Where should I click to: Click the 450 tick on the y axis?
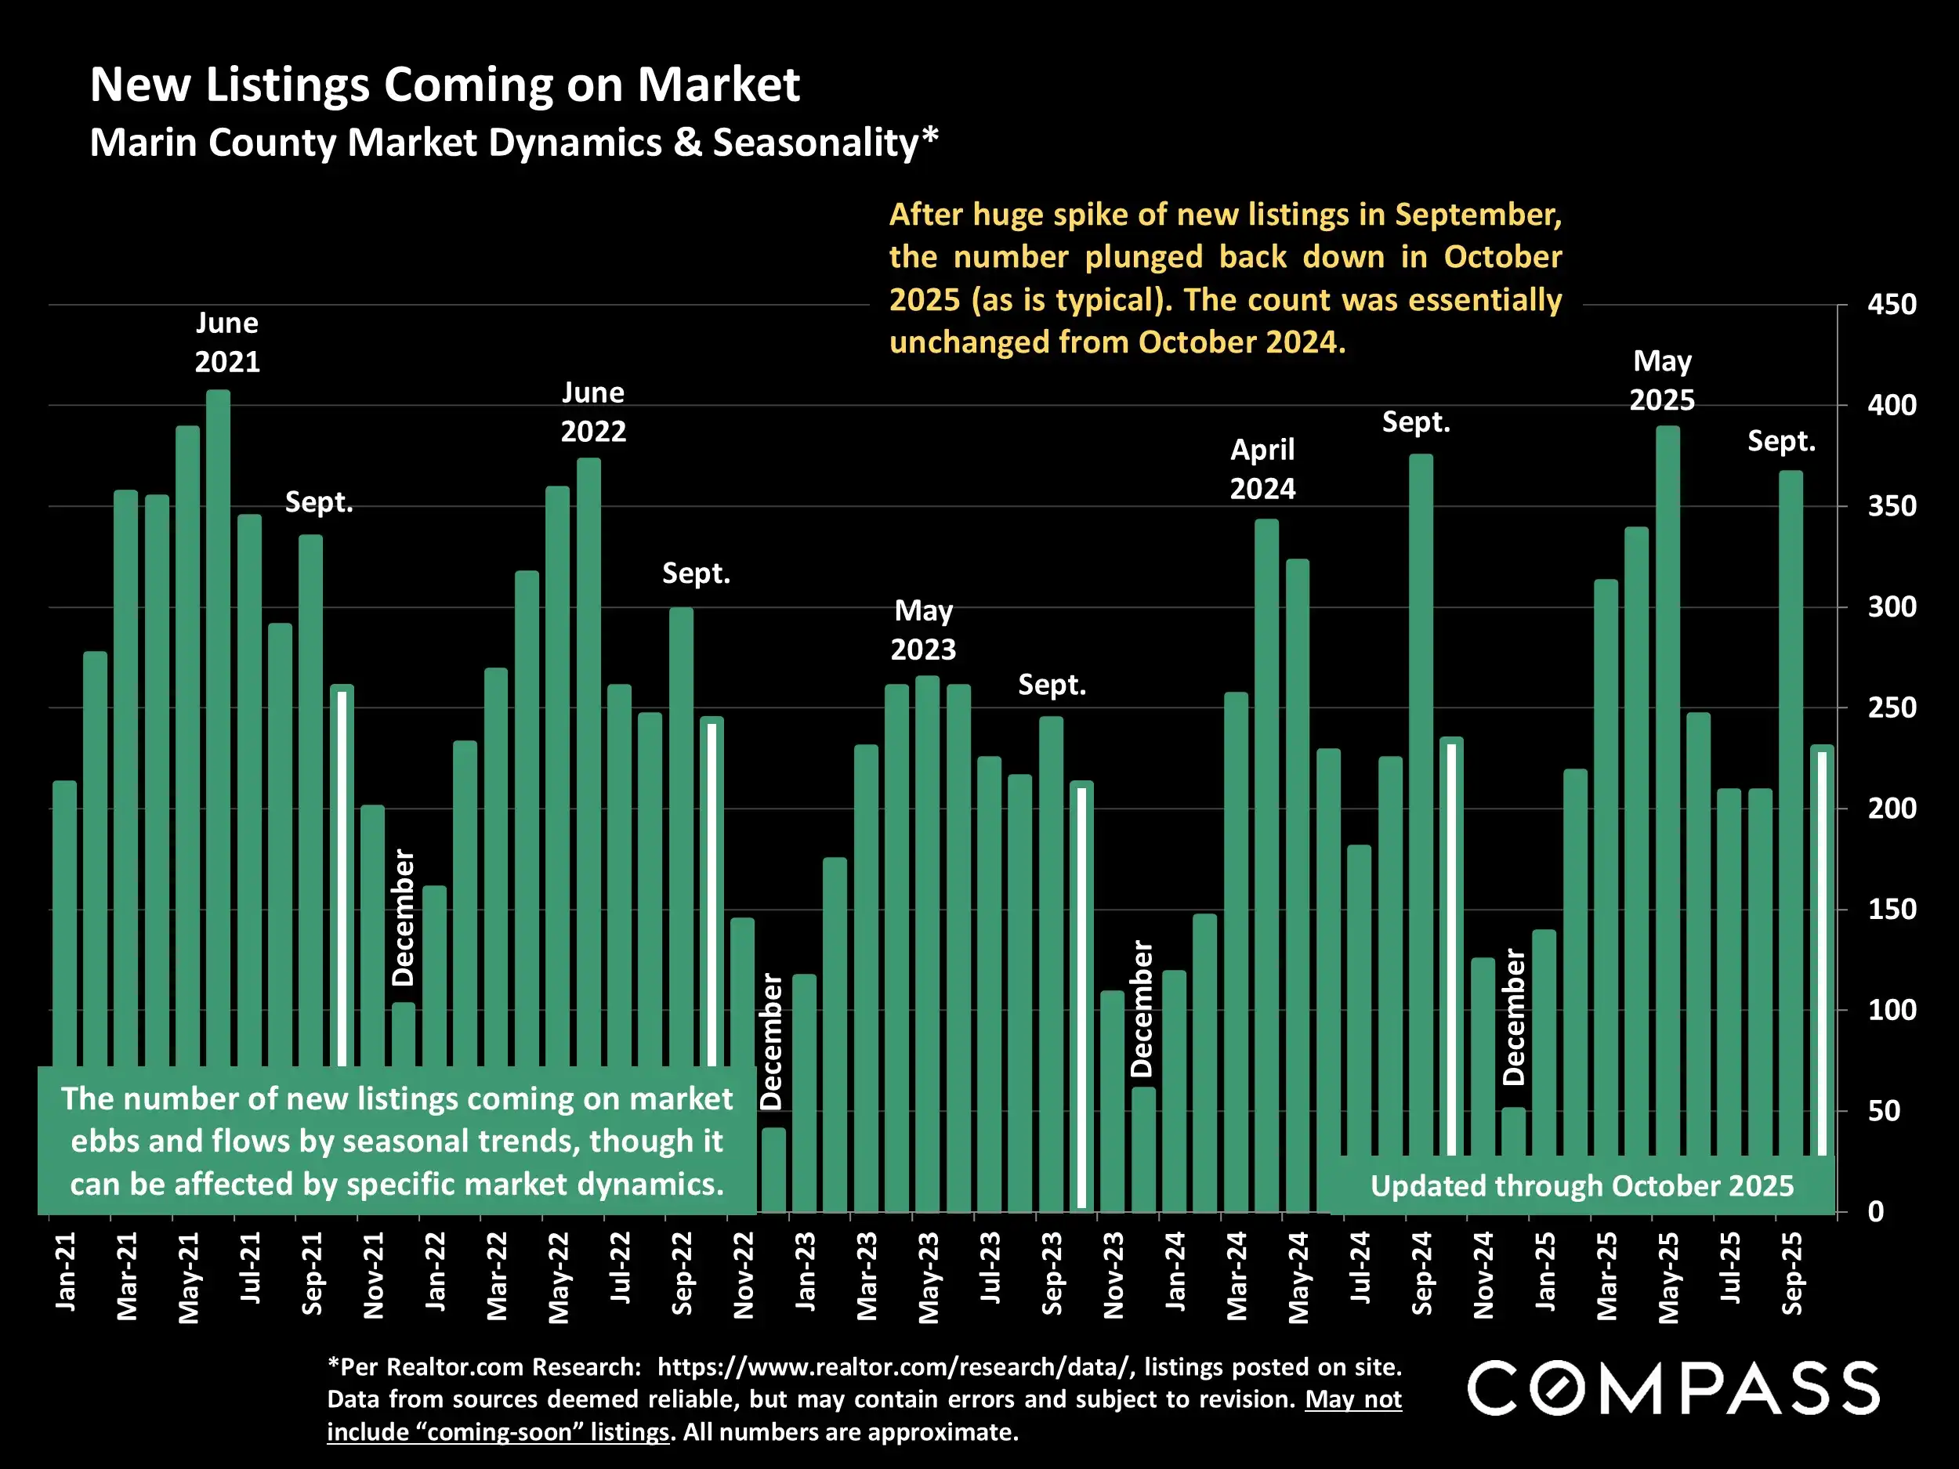(x=1891, y=305)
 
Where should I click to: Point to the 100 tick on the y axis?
(x=1891, y=1011)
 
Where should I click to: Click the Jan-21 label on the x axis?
(x=66, y=1272)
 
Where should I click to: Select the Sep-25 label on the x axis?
(x=1791, y=1273)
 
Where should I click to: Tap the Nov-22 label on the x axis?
(x=743, y=1275)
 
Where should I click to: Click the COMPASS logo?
(x=1673, y=1388)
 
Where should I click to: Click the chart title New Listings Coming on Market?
(x=444, y=85)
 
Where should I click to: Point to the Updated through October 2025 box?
(x=1582, y=1185)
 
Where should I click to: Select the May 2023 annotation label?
(x=923, y=630)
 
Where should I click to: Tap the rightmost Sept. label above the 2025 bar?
(x=1781, y=441)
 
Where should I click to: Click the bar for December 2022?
(x=773, y=1169)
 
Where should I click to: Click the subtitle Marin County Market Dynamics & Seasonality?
(x=514, y=143)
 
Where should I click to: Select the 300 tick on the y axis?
(x=1891, y=607)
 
